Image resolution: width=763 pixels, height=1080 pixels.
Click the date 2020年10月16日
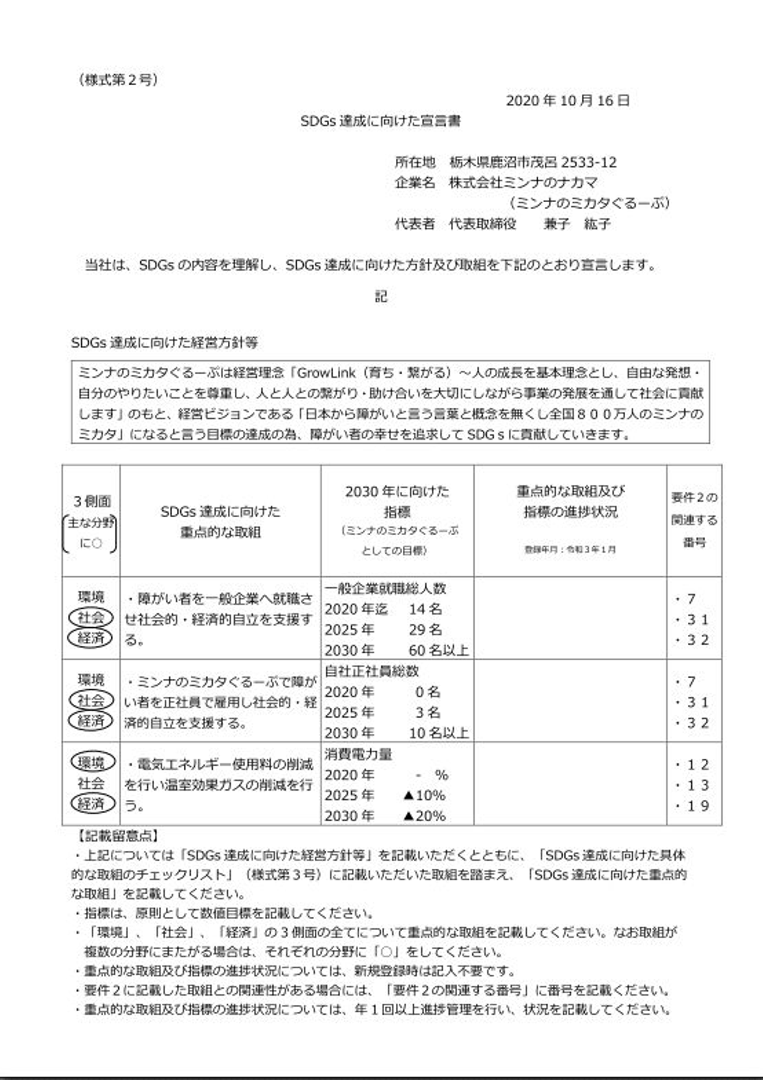(567, 101)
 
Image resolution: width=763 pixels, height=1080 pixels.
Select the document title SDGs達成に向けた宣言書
(380, 121)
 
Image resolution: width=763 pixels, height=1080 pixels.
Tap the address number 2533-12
(589, 162)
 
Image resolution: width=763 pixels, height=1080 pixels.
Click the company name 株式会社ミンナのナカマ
(523, 183)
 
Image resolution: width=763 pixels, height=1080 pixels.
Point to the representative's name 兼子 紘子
(577, 224)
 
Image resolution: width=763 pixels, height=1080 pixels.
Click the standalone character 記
(381, 296)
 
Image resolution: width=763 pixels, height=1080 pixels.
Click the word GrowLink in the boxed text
(326, 373)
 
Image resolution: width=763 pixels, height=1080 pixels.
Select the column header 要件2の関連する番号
(694, 520)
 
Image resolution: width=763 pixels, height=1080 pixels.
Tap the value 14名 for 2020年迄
(425, 609)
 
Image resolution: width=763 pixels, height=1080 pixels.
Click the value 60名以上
(438, 650)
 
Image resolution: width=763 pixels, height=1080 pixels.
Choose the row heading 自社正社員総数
(371, 671)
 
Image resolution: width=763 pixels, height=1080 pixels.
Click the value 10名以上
(438, 733)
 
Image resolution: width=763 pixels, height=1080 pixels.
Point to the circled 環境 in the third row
(92, 762)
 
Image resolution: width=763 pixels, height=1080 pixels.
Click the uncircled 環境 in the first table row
(91, 597)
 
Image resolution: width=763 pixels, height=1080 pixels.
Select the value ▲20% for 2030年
(424, 816)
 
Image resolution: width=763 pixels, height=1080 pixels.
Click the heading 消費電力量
(358, 754)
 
